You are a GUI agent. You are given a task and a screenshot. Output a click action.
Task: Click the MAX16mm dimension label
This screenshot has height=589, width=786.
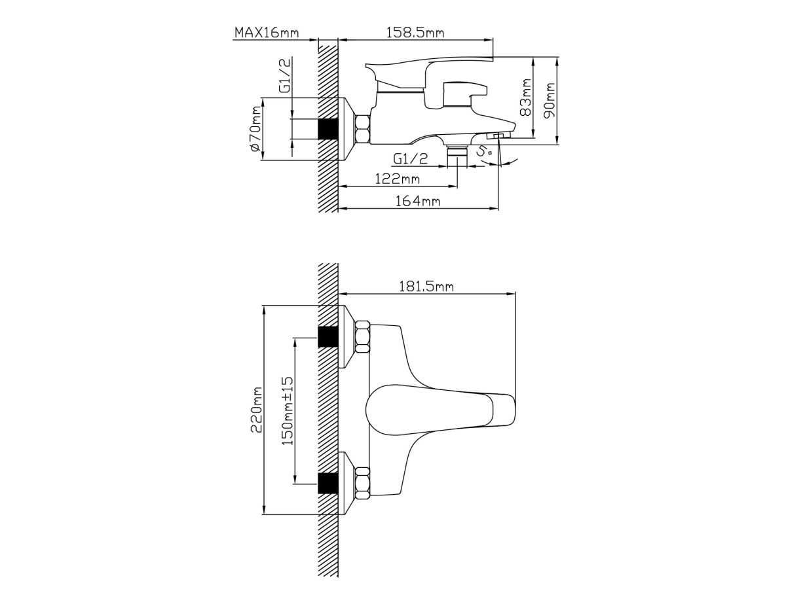[x=267, y=33]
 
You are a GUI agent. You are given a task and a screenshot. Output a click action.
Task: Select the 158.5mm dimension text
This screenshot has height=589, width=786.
[x=415, y=33]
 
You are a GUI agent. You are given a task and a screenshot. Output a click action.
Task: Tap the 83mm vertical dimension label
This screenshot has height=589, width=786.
[x=525, y=98]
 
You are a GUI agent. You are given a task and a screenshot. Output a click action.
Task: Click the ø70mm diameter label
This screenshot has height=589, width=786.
[x=255, y=129]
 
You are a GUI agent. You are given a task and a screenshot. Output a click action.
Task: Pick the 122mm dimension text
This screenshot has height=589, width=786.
[x=397, y=178]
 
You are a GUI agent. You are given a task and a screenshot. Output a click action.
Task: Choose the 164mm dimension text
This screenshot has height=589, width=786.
[x=417, y=201]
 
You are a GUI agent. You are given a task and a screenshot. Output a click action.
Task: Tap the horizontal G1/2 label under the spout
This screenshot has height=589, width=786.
[x=411, y=158]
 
